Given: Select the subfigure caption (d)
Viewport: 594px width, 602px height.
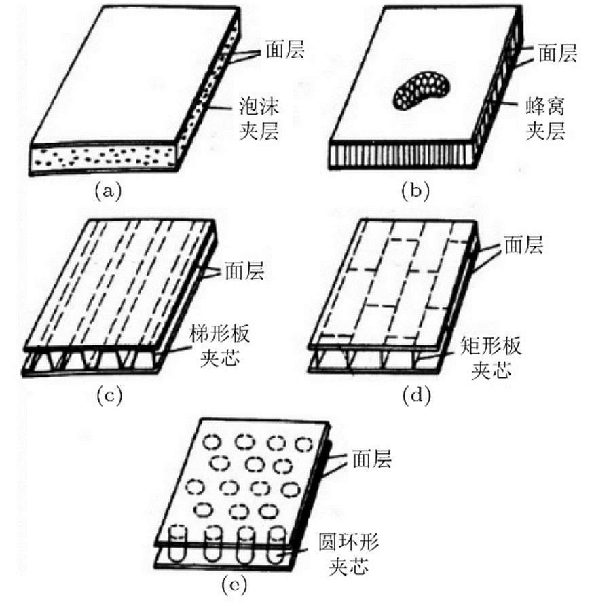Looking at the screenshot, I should pos(413,396).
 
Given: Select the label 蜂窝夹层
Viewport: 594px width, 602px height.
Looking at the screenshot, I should pos(545,118).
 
